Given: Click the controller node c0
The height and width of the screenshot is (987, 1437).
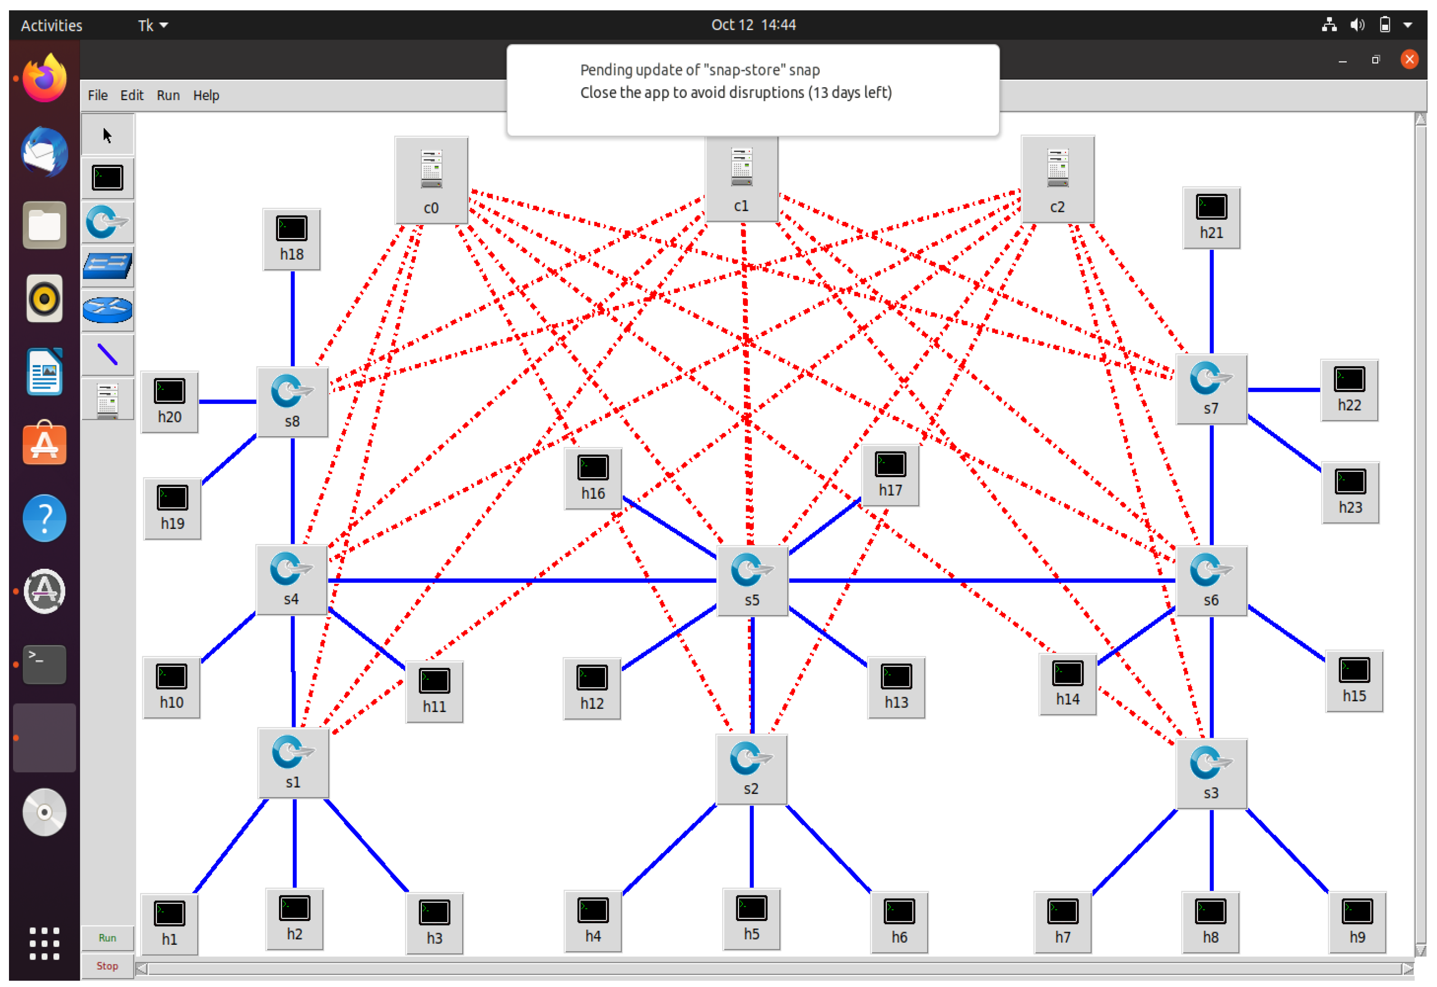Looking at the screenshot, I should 431,179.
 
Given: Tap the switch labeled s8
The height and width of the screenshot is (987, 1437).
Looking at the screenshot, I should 292,401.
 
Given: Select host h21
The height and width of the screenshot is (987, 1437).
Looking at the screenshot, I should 1211,217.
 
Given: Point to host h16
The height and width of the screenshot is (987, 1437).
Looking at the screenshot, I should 592,478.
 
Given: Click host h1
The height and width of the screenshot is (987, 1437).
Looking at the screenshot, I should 169,923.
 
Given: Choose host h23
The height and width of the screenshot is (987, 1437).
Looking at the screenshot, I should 1349,491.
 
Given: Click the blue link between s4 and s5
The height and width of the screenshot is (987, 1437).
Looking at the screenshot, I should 519,580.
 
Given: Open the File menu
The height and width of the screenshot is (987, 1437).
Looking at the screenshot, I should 97,95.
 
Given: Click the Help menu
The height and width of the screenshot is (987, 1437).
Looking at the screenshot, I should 206,95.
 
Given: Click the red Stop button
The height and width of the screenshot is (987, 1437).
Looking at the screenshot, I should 107,965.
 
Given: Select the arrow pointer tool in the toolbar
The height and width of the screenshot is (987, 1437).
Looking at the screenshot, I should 107,134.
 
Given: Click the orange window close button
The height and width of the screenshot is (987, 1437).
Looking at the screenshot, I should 1409,59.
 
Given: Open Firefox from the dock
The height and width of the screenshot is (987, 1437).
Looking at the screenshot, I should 44,78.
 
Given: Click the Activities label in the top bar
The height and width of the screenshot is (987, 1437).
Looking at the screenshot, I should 51,25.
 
